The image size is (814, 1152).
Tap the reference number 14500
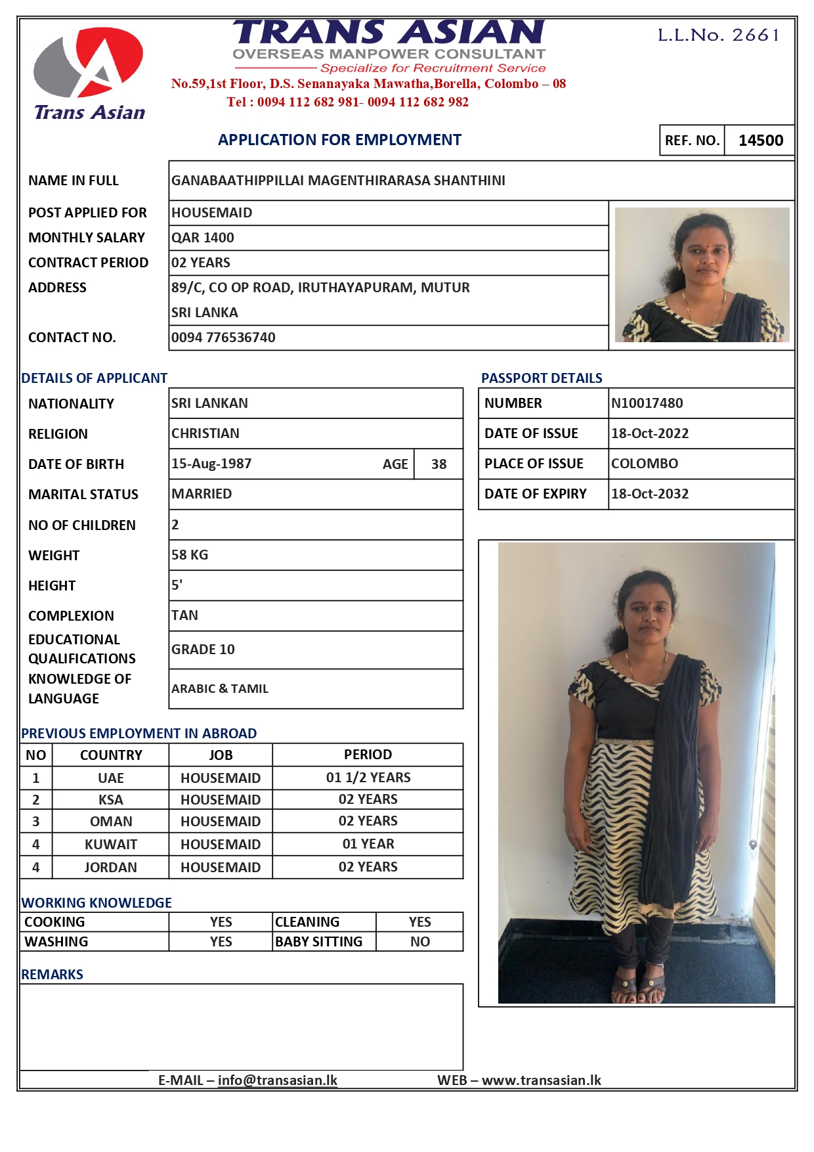[x=760, y=141]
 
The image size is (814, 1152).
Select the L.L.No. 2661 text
[x=719, y=35]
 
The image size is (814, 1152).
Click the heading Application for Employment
[x=339, y=140]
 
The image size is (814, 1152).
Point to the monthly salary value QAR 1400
[x=203, y=238]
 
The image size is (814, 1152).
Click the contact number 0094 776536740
[x=223, y=338]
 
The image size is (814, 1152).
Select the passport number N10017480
[x=647, y=403]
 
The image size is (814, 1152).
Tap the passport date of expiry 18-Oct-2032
[x=650, y=494]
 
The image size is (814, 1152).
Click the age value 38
[x=439, y=464]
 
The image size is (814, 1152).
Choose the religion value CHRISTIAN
[x=205, y=433]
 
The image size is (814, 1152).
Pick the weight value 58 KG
[x=190, y=555]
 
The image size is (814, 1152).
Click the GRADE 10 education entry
[x=203, y=650]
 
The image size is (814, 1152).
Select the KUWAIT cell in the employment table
[x=111, y=845]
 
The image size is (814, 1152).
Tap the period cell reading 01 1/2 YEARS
[x=368, y=778]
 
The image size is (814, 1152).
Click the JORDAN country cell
[x=111, y=868]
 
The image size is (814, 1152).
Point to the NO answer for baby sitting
[x=420, y=942]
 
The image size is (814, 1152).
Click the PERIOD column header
[x=368, y=755]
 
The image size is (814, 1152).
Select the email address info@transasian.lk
[x=278, y=1080]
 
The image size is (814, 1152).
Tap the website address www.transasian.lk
[x=542, y=1080]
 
